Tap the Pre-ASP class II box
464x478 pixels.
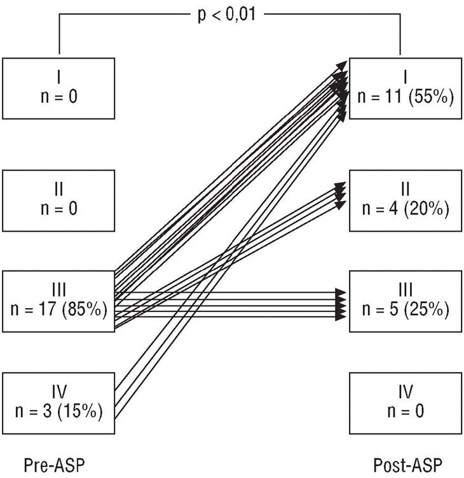tap(58, 200)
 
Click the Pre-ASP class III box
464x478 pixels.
tap(58, 301)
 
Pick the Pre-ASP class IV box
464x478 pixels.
tap(58, 402)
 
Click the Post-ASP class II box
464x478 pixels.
tap(405, 200)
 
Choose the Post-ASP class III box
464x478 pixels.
tap(405, 301)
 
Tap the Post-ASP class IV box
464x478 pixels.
tap(405, 402)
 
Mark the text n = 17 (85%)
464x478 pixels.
tap(58, 311)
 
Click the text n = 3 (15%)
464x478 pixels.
tap(58, 412)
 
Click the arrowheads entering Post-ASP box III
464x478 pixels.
tap(341, 303)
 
